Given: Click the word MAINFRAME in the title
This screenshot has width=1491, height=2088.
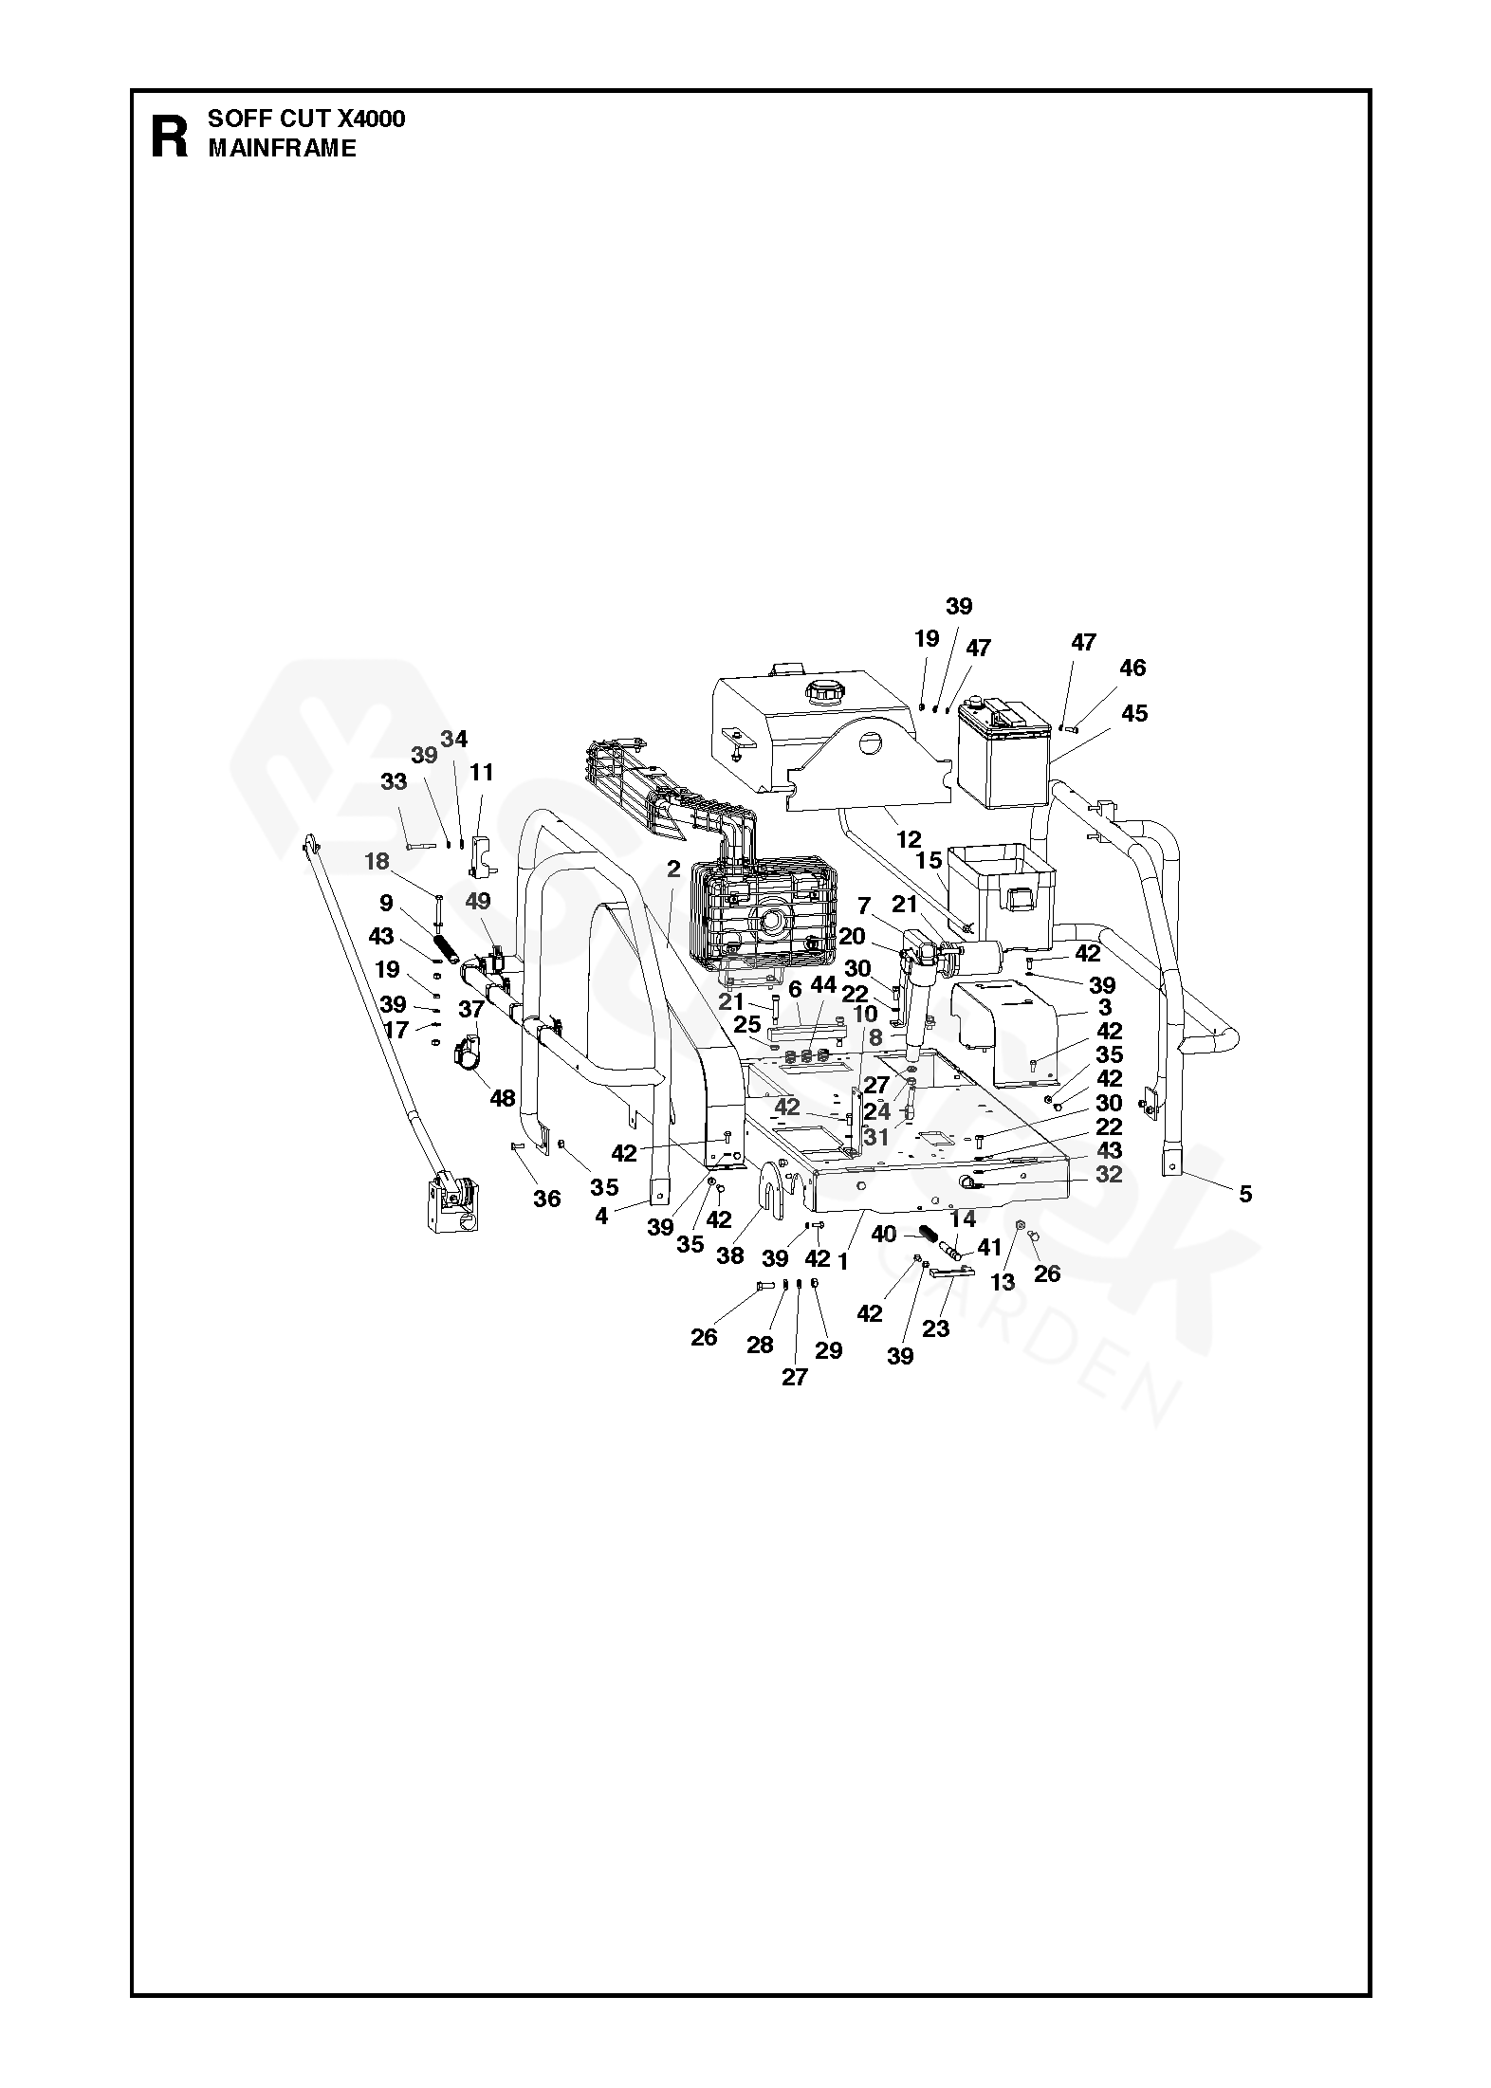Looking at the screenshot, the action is click(282, 148).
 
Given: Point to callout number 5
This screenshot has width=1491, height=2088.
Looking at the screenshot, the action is click(1245, 1194).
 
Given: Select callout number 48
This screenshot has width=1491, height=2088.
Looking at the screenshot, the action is click(502, 1098).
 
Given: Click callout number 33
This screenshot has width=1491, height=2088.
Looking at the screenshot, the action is click(394, 781).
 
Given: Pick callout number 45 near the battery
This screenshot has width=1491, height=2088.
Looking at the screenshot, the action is click(1134, 713).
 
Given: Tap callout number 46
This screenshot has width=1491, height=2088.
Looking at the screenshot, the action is click(1132, 668).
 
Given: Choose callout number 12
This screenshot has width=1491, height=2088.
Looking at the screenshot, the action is click(909, 839).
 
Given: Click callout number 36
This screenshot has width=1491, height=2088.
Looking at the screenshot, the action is click(546, 1199).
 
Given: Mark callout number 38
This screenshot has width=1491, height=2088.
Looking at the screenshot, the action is click(729, 1255).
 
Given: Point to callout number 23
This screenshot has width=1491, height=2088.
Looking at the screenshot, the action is click(935, 1328).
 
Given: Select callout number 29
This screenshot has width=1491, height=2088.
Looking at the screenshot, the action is click(828, 1349).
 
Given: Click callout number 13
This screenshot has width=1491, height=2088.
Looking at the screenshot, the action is click(1003, 1282).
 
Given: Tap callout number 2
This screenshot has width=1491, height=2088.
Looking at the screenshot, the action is click(673, 869).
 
